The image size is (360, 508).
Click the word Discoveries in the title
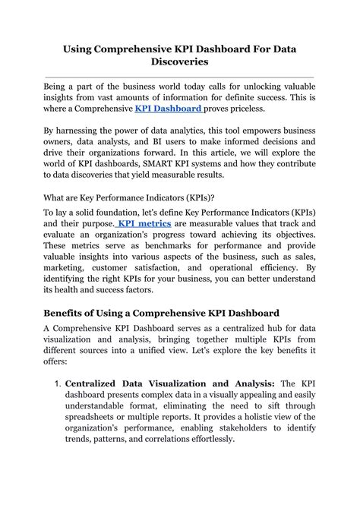[x=179, y=62]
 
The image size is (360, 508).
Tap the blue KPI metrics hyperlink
[x=145, y=225]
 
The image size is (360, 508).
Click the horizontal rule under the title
[x=179, y=77]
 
